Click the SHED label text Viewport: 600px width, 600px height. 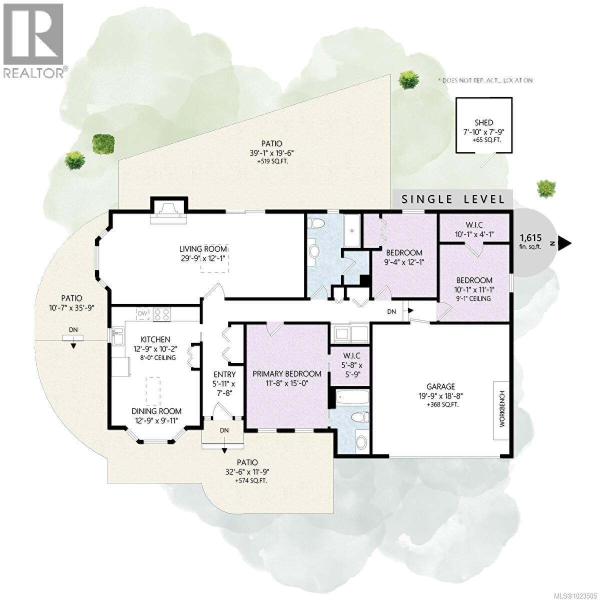point(483,122)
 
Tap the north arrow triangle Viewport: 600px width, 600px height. point(564,243)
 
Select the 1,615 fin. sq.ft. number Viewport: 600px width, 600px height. point(531,237)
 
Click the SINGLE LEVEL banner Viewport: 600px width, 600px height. point(453,198)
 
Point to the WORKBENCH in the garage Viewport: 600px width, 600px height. point(501,410)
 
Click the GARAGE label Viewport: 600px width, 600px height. point(440,386)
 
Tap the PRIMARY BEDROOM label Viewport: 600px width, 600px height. point(286,373)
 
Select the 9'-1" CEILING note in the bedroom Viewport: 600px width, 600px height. point(473,298)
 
